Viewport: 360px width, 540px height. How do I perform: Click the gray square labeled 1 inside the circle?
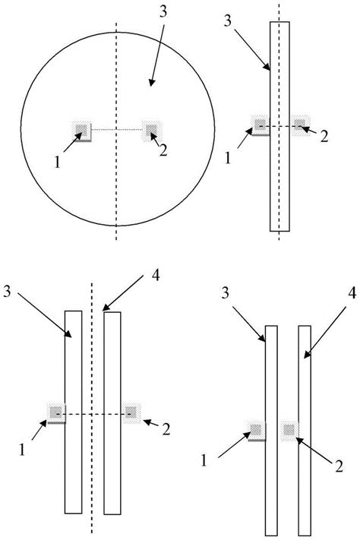click(81, 130)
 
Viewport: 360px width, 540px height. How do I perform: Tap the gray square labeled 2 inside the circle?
click(151, 129)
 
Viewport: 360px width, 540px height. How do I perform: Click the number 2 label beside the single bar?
click(324, 137)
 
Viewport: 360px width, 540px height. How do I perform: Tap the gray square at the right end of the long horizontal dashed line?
click(131, 412)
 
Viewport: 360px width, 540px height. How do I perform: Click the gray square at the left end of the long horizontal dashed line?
click(55, 412)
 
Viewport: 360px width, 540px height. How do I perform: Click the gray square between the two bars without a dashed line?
click(289, 431)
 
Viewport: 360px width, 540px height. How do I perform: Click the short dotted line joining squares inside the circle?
click(116, 130)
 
